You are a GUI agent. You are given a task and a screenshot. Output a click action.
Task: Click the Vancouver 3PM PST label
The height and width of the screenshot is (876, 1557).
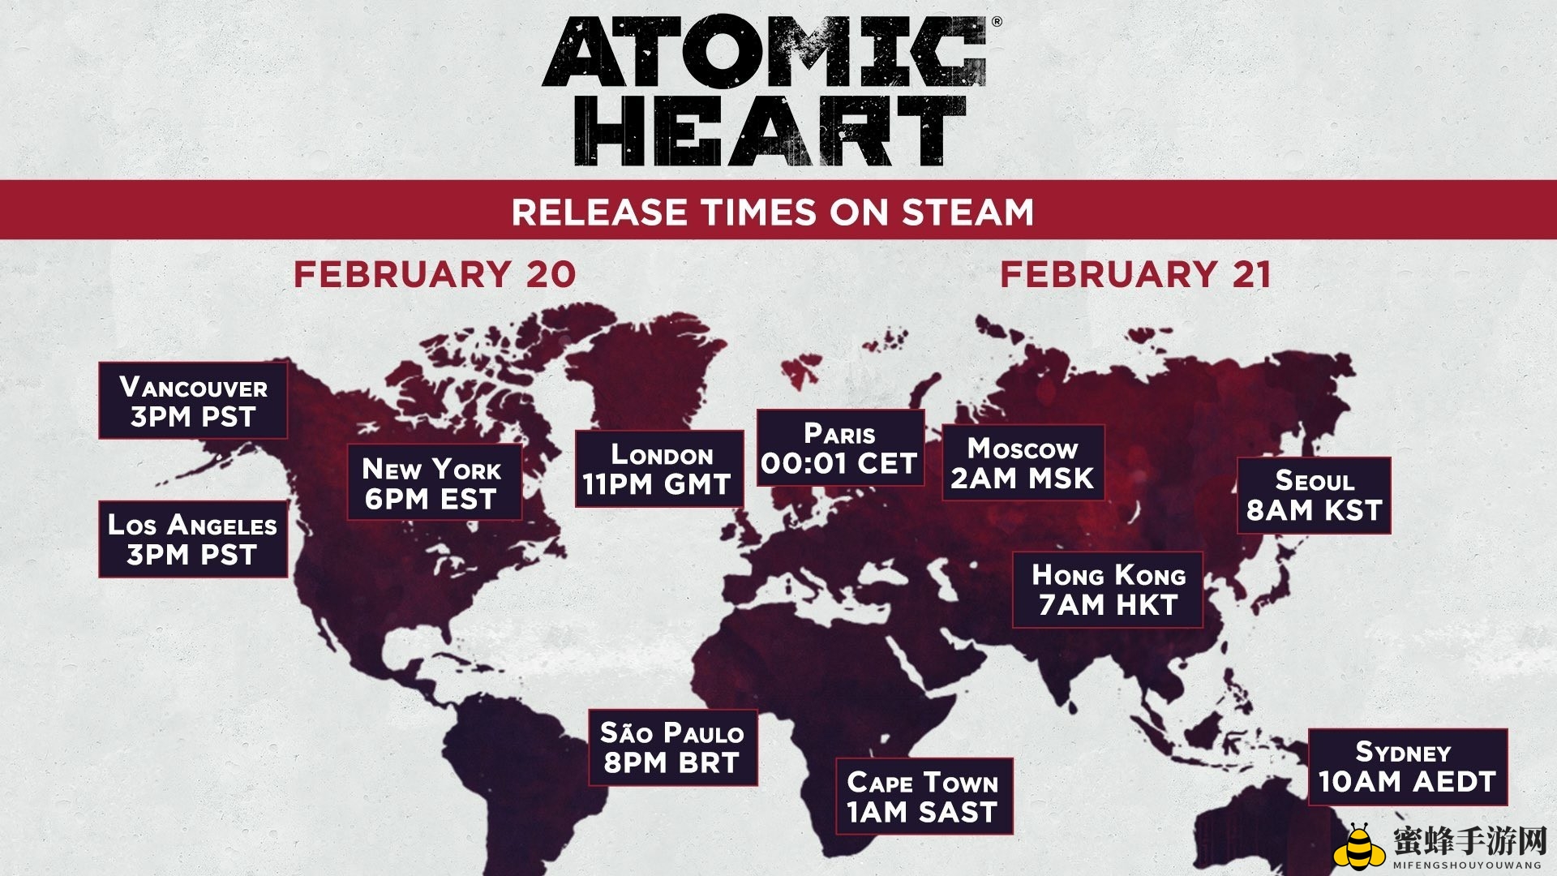tap(193, 401)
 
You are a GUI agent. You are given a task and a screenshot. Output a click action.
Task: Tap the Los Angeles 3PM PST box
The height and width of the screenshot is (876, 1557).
tap(193, 539)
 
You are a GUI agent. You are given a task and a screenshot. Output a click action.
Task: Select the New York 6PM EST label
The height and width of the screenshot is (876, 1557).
tap(434, 482)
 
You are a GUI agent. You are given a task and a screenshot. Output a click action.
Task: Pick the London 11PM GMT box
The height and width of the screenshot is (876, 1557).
tap(659, 469)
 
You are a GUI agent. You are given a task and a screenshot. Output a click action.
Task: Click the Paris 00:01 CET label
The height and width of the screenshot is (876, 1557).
tap(840, 448)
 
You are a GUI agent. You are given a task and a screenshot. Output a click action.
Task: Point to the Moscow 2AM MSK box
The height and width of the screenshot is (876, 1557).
tap(1023, 462)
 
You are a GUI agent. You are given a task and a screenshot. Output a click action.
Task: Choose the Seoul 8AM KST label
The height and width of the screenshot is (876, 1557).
tap(1314, 495)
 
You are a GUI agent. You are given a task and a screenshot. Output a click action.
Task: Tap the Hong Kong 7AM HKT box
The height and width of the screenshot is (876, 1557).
tap(1108, 590)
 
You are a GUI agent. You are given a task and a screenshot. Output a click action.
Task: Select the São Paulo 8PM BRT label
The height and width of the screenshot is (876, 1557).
tap(673, 748)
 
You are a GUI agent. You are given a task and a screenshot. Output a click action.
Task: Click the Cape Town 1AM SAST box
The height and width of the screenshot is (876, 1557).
tap(924, 797)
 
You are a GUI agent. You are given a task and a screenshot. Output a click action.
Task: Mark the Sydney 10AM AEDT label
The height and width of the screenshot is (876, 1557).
tap(1408, 767)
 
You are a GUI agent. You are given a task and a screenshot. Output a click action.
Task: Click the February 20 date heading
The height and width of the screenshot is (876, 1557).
tap(435, 274)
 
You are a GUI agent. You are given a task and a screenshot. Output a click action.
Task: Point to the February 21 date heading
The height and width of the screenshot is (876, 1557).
tap(1135, 274)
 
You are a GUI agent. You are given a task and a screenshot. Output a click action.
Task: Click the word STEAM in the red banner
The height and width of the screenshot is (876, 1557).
tap(968, 213)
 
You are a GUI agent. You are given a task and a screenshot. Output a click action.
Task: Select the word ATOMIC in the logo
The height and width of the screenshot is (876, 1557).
tap(765, 52)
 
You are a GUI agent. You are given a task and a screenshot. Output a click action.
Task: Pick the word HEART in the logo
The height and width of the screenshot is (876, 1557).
tap(770, 131)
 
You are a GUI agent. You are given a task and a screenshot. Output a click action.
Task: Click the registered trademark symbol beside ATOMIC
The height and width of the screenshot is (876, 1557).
tap(997, 22)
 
